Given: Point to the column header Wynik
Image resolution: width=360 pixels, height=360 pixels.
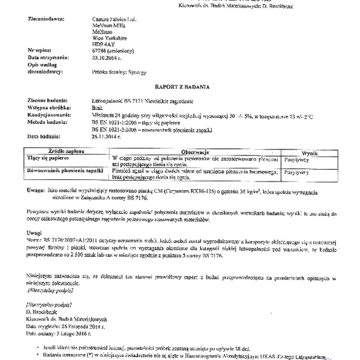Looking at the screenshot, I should click(x=310, y=154).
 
